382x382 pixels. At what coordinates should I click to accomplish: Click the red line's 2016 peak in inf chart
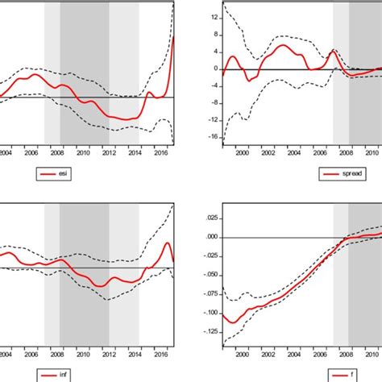click(167, 243)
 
